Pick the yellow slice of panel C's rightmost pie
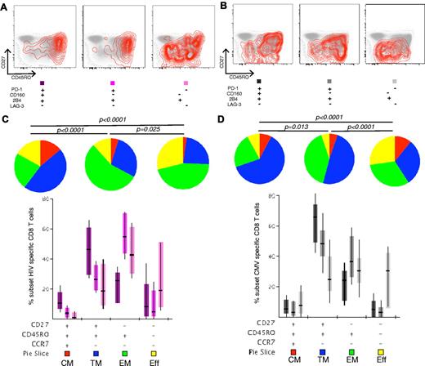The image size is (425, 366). click(168, 159)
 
